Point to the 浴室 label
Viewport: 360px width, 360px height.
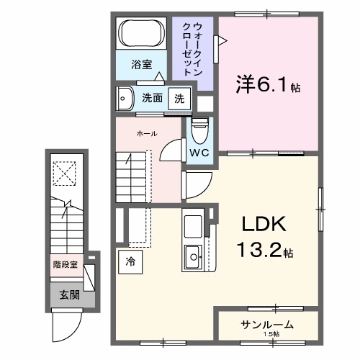(141, 65)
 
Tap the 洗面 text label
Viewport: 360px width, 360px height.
(150, 98)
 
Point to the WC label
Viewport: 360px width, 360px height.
(200, 153)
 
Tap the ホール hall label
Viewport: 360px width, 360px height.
(147, 134)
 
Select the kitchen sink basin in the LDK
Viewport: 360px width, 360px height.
(194, 255)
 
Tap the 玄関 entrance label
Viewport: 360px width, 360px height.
(70, 294)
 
